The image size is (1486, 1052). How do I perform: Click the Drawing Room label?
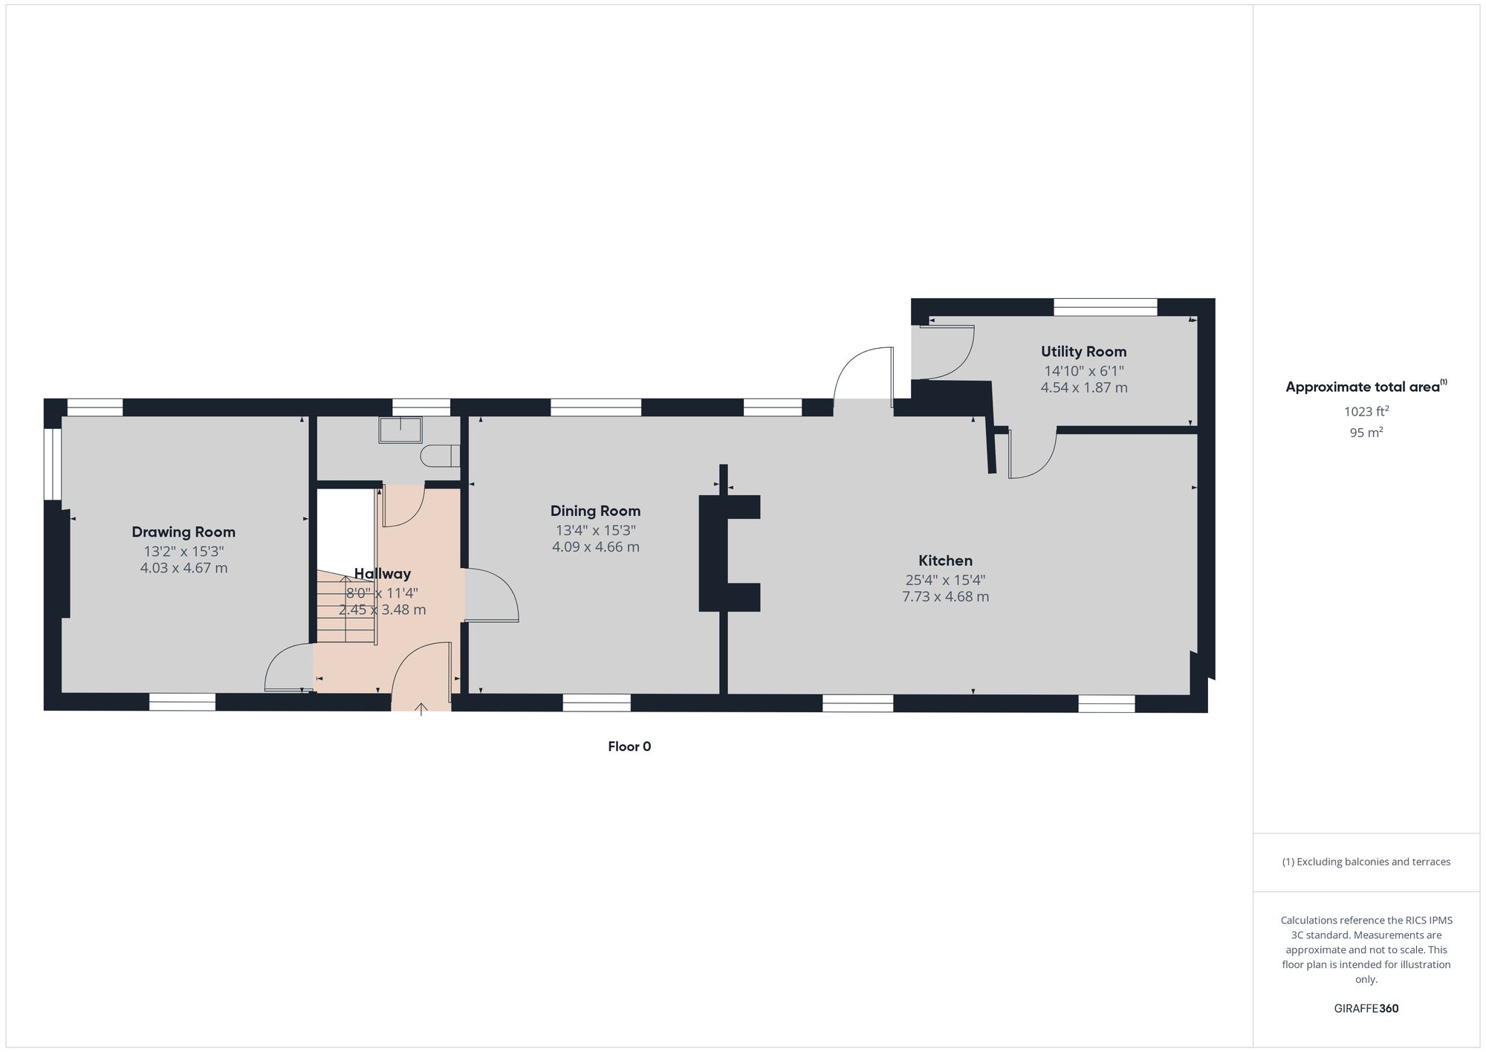point(184,532)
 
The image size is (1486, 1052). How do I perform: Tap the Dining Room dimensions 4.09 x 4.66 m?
point(595,547)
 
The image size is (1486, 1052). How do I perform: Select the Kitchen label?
point(945,561)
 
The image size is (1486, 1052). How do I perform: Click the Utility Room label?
point(1083,352)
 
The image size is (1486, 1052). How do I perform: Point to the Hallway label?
point(382,573)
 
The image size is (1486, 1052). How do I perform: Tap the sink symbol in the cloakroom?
point(400,430)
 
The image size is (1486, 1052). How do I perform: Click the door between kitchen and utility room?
point(1033,457)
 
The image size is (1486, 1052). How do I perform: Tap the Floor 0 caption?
point(629,746)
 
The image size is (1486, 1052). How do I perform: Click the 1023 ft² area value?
point(1366,411)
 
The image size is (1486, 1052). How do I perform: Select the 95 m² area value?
point(1366,432)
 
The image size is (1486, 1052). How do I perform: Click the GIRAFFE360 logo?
point(1366,1009)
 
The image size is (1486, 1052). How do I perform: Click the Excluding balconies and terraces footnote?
point(1366,862)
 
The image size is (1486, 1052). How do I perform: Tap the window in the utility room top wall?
point(1105,306)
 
